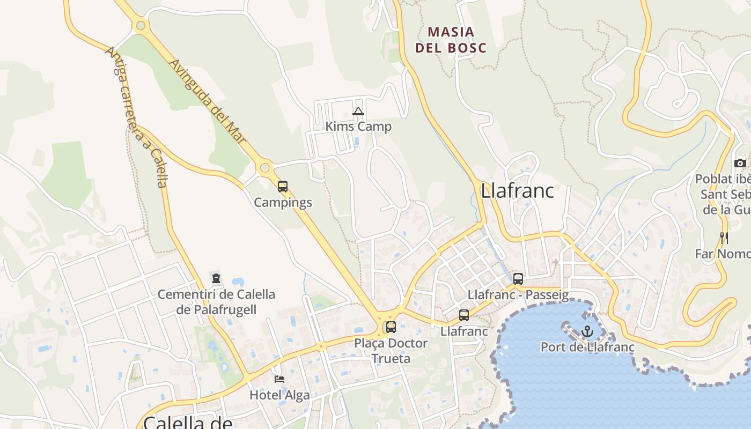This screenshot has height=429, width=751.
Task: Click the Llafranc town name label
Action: (517, 191)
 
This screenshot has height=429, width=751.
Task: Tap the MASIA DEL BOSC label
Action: (451, 40)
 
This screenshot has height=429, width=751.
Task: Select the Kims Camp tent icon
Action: (358, 112)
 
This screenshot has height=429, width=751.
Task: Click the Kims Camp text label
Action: (358, 127)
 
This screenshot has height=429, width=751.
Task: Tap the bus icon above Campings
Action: (283, 187)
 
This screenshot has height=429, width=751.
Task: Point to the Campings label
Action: (283, 203)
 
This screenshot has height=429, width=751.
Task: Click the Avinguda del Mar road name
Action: (207, 101)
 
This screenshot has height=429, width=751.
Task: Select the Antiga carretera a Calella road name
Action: (137, 117)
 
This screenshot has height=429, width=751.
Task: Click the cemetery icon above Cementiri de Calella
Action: (216, 278)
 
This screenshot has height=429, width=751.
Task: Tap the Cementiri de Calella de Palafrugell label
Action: (216, 302)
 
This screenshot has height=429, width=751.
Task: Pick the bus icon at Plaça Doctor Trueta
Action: (391, 327)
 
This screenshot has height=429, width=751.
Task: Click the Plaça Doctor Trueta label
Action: (391, 351)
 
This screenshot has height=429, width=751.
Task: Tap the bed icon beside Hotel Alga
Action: (279, 379)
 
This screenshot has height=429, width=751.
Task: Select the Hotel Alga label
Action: (279, 395)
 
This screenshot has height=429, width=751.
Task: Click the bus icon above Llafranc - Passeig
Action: (518, 279)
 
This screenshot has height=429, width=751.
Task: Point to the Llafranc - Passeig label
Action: (518, 294)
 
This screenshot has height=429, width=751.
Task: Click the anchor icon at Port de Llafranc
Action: (587, 331)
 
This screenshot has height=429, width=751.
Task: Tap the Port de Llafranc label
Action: (587, 347)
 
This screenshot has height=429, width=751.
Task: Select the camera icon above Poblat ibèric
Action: (740, 163)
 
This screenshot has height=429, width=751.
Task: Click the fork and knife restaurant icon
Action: (724, 238)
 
